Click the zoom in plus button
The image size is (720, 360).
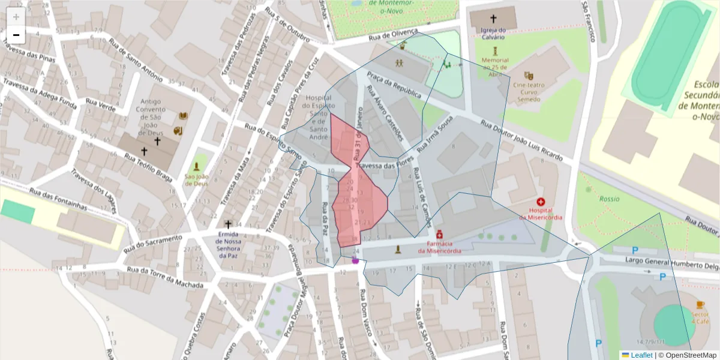[x=16, y=17]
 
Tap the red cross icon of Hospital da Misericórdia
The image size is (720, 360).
[x=541, y=202]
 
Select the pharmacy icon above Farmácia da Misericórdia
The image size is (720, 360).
[x=440, y=235]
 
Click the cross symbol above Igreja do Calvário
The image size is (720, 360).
[x=494, y=19]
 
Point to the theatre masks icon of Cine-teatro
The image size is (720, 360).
[x=529, y=76]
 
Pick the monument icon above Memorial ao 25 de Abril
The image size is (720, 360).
[x=495, y=51]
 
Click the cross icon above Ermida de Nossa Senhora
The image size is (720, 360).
[x=228, y=224]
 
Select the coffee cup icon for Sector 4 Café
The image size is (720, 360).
[x=700, y=305]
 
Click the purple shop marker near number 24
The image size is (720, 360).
[x=355, y=260]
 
